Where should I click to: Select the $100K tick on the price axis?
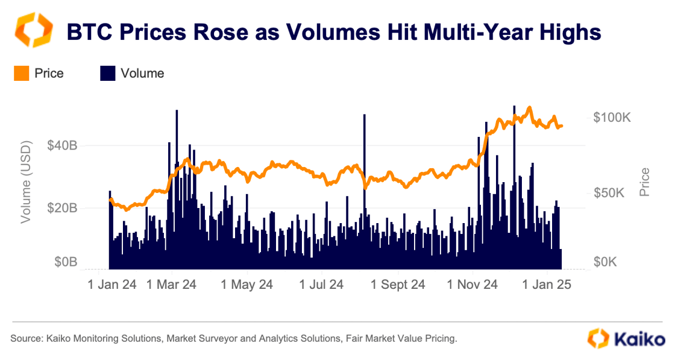pos(612,118)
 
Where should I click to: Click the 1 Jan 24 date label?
pos(112,284)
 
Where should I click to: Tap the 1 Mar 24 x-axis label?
pos(171,284)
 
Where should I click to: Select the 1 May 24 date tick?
pos(247,284)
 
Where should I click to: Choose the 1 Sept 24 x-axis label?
pos(398,284)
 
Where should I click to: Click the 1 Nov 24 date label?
pos(473,284)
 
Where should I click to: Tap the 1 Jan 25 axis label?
pos(546,284)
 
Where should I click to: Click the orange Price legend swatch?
pos(21,74)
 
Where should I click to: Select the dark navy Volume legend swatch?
pos(107,74)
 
